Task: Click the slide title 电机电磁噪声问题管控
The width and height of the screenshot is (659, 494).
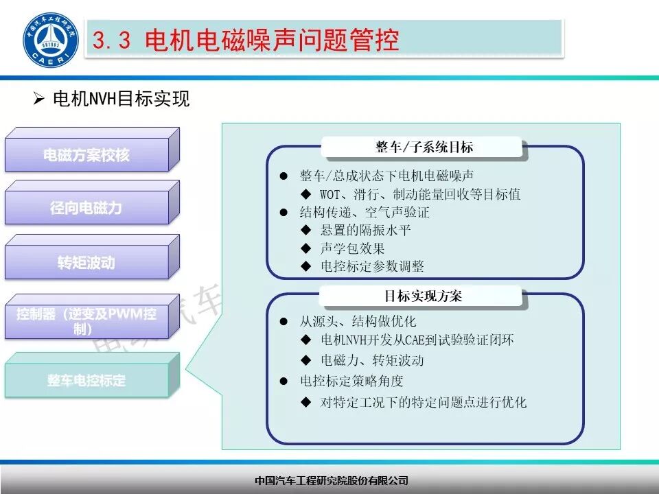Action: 272,40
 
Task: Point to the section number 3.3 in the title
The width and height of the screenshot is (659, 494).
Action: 111,41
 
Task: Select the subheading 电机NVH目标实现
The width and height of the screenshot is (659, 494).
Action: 121,99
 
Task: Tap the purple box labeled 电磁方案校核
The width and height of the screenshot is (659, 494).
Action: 86,155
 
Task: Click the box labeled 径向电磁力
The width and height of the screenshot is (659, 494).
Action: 86,208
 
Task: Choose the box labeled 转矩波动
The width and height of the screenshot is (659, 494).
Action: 86,262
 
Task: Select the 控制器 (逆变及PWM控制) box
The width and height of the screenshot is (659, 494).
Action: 86,320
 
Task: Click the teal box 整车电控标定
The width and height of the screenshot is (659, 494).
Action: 86,380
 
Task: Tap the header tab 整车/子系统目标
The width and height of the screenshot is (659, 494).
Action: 424,147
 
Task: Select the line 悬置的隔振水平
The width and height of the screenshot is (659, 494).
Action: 365,231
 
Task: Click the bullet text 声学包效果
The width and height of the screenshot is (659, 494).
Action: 352,248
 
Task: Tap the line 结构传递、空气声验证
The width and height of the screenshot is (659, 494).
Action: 365,213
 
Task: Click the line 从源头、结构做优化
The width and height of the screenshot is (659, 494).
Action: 358,321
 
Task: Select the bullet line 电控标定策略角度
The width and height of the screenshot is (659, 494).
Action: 351,381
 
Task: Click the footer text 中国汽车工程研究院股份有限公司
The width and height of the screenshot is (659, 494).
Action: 331,480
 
